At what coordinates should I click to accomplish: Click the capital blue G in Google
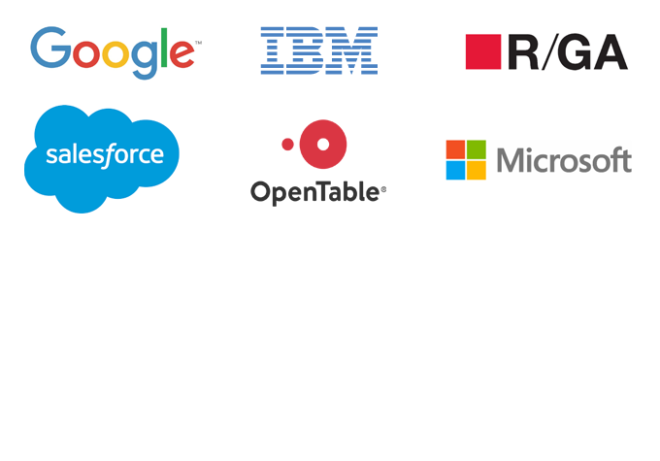coord(50,48)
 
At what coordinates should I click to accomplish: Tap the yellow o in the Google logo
coord(115,54)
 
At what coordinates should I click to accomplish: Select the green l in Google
coord(164,48)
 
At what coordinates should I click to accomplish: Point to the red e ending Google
coord(181,53)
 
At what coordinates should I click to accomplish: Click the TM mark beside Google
coord(198,43)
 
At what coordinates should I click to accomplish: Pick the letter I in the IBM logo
coord(273,50)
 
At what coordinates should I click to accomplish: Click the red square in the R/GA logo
coord(483,51)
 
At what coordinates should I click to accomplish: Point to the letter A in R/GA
coord(610,51)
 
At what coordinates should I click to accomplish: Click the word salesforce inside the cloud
coord(105,155)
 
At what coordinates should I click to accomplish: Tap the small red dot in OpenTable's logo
coord(287,145)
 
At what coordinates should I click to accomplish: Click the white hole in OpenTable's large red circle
coord(323,145)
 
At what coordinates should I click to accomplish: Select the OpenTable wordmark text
coord(314,193)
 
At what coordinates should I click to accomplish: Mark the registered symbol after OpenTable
coord(383,189)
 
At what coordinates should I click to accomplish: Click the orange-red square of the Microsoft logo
coord(455,149)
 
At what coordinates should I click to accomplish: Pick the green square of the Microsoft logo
coord(477,149)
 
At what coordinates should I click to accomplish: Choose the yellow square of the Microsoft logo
coord(477,171)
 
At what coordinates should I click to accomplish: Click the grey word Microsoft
coord(564,160)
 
